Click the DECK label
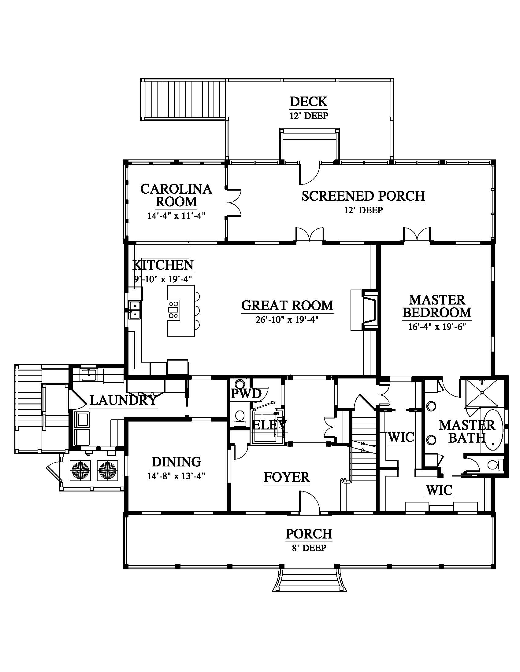[308, 101]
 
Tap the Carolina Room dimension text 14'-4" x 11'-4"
[176, 215]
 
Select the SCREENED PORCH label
[363, 196]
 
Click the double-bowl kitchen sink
[135, 310]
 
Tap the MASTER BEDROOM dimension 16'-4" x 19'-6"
[437, 327]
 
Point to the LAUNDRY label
[123, 400]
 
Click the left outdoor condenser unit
[81, 470]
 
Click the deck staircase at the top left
[184, 99]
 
